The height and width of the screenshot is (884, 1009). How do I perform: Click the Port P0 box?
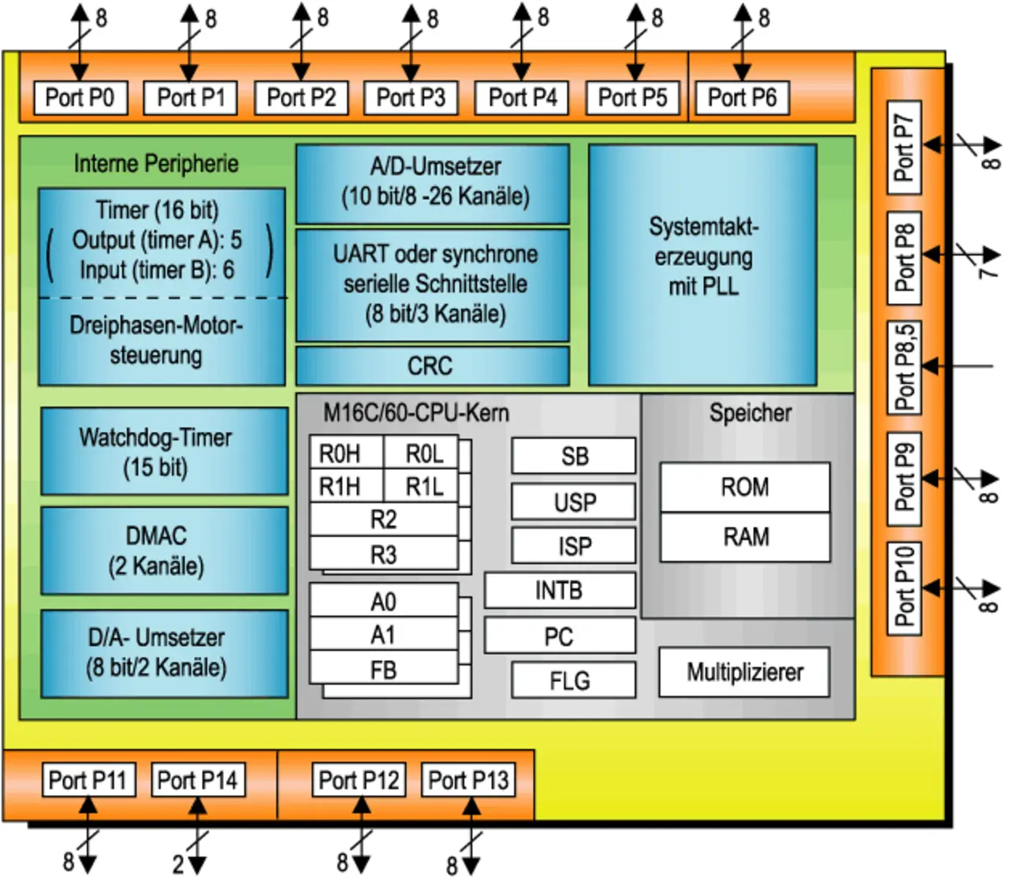[80, 98]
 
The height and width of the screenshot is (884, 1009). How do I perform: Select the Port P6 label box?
[742, 98]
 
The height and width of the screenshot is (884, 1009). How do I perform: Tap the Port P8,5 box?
[905, 367]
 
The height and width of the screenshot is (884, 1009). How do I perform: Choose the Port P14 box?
[197, 780]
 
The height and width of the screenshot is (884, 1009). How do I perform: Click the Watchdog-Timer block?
[164, 451]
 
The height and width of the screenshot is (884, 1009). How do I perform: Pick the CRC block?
[432, 366]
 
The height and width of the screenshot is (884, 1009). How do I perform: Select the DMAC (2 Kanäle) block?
[164, 550]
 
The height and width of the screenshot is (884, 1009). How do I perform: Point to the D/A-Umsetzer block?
[164, 653]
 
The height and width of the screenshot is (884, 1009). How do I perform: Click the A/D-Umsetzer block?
[432, 183]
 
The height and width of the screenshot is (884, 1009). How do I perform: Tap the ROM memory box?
[745, 487]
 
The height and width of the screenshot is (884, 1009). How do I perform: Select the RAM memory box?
[745, 537]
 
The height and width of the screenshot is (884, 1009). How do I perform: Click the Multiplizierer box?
[744, 672]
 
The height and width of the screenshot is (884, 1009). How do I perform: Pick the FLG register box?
[573, 680]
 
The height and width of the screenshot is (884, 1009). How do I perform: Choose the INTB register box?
[560, 590]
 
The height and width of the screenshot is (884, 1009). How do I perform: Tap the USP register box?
[573, 502]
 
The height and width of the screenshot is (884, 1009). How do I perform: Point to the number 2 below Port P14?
[178, 864]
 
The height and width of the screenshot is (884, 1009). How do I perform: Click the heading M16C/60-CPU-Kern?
[416, 412]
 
